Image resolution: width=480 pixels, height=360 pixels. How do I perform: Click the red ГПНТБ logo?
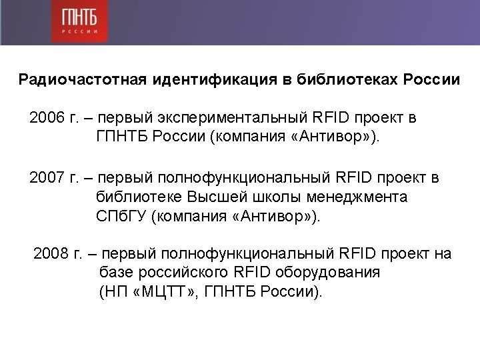tap(79, 21)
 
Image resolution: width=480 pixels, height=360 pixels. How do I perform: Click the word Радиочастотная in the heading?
tap(83, 79)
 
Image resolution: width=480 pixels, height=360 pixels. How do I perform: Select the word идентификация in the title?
tap(215, 79)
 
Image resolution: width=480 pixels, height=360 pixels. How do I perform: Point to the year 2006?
tap(47, 117)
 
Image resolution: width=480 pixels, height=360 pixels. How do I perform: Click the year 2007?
tap(47, 177)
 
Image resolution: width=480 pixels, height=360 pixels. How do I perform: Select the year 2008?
tap(51, 253)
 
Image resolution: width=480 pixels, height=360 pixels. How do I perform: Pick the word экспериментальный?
tap(233, 118)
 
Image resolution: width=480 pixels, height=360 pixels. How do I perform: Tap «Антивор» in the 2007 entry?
tap(271, 216)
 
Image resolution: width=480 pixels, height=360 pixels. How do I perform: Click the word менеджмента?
tap(357, 197)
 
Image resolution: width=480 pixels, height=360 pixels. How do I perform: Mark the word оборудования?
tap(327, 273)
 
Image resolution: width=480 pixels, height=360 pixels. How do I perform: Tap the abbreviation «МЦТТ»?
tap(164, 291)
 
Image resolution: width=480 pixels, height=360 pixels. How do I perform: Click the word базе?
tap(117, 272)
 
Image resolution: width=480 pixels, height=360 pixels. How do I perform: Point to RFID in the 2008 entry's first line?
tap(357, 253)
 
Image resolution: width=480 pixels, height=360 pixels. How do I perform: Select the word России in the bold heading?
tap(431, 79)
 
